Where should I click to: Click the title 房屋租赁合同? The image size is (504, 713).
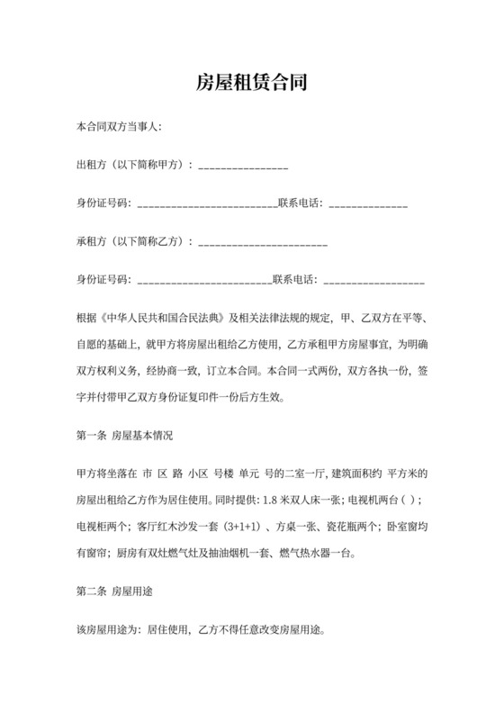point(252,85)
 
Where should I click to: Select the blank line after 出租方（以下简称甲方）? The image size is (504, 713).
point(243,167)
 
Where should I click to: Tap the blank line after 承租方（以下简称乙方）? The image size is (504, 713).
point(262,243)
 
